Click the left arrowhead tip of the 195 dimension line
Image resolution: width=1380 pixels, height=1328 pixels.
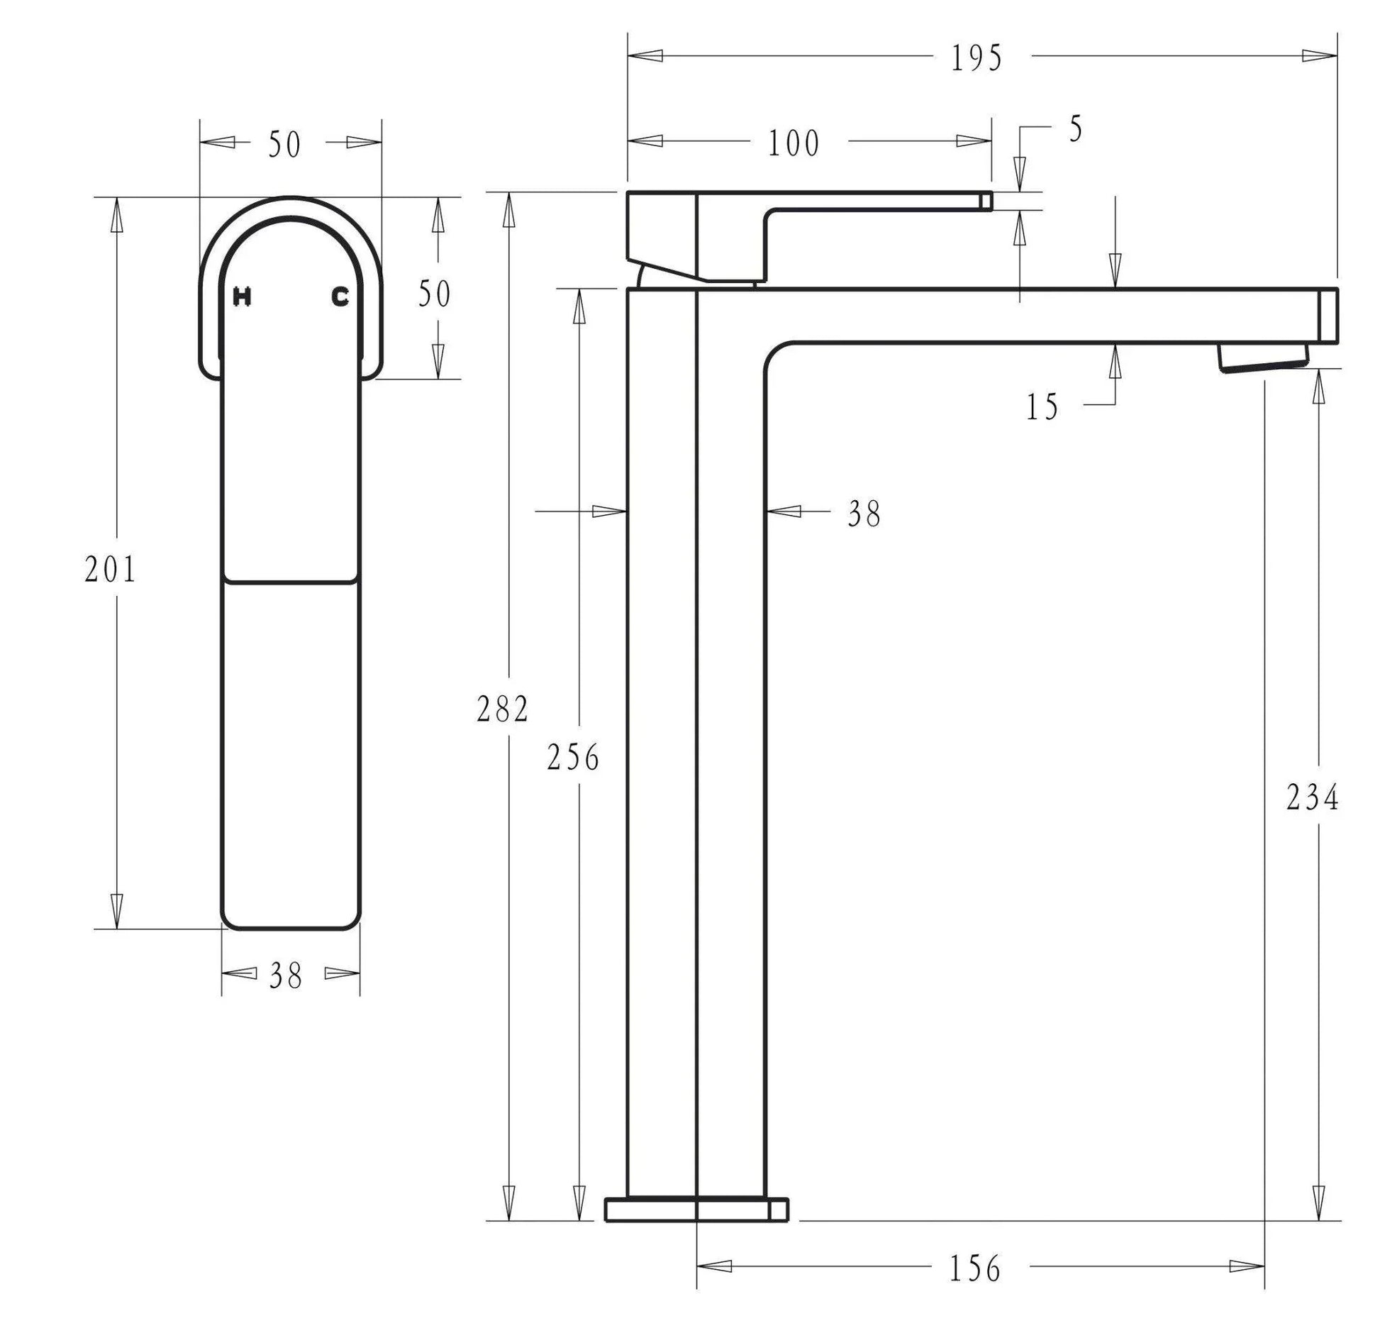(x=628, y=55)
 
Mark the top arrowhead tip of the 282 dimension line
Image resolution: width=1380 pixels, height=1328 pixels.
(x=508, y=193)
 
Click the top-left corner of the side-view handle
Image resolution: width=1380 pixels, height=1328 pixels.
(x=628, y=192)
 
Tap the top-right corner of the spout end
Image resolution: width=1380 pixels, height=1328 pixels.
(x=1337, y=289)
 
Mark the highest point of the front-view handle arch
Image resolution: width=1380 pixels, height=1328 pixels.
(x=291, y=197)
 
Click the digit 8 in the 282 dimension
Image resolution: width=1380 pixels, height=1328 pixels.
(x=503, y=709)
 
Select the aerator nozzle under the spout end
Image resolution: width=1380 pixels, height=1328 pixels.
(x=1263, y=357)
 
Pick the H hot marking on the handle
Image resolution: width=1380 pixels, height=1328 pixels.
(x=242, y=297)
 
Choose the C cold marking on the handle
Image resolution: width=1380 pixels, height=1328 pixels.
(x=340, y=297)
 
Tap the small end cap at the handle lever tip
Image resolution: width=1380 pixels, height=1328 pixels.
(x=986, y=201)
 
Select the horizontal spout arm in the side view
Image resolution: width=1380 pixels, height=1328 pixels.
(x=1050, y=316)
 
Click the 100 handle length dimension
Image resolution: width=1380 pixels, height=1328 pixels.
(x=794, y=143)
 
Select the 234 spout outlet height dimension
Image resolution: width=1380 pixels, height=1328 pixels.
(x=1313, y=798)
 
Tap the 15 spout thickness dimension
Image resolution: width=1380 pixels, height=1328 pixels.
(x=1042, y=407)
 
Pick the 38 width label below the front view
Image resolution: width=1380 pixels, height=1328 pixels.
(x=286, y=976)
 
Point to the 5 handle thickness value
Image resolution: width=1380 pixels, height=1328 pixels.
(x=1076, y=130)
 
